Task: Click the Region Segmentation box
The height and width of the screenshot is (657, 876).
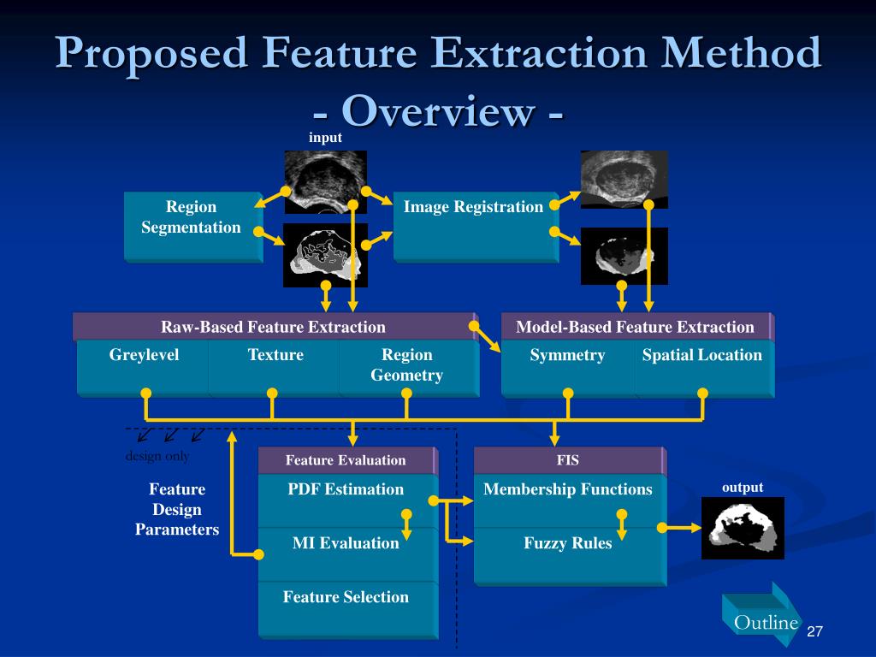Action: point(193,227)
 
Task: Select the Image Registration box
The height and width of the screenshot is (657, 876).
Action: point(476,227)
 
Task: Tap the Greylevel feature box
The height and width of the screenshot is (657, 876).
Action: point(143,369)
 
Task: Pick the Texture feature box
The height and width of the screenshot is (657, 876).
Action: point(275,369)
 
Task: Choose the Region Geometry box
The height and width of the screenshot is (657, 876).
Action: point(409,369)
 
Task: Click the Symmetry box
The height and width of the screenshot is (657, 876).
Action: point(568,370)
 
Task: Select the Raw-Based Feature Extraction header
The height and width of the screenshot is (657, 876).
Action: point(275,327)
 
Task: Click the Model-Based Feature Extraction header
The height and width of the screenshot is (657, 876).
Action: point(636,327)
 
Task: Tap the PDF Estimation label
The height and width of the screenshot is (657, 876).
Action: point(346,489)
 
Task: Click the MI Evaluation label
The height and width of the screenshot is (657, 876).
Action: point(346,543)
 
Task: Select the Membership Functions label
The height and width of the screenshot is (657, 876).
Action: point(568,489)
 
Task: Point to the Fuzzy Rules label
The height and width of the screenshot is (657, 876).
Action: point(568,543)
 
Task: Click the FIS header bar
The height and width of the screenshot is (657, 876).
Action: point(570,460)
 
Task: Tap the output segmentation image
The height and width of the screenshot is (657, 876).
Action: point(743,528)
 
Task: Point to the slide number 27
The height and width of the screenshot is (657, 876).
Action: point(815,631)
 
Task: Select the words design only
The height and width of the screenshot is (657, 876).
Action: point(157,456)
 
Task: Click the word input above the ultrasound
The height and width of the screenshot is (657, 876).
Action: point(325,138)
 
